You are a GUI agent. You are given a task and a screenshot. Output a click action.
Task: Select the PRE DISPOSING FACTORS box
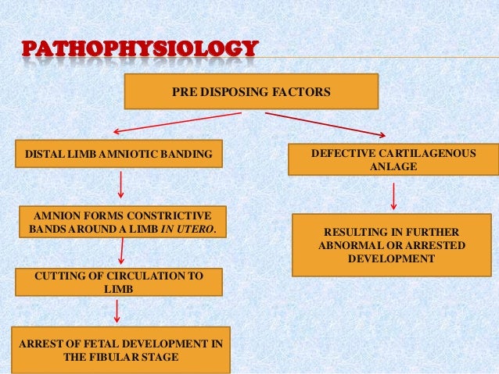pyautogui.click(x=250, y=92)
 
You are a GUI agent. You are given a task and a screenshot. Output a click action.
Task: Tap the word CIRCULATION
pyautogui.click(x=139, y=276)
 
